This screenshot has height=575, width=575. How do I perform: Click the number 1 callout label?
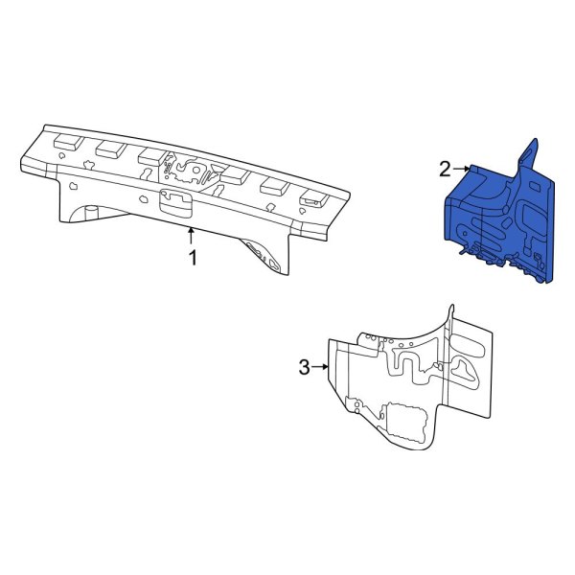click(x=193, y=259)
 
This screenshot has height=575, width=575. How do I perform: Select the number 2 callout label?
click(x=445, y=170)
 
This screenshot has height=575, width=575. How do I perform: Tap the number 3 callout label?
click(x=305, y=367)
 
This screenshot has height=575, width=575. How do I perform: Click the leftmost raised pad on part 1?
click(x=67, y=140)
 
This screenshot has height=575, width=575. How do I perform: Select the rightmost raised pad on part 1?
click(x=312, y=198)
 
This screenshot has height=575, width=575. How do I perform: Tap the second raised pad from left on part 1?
click(x=108, y=149)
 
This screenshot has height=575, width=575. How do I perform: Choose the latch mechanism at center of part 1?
click(x=190, y=171)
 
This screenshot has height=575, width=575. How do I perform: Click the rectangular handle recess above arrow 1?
click(x=175, y=202)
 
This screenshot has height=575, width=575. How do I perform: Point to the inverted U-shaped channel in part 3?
click(x=406, y=356)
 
